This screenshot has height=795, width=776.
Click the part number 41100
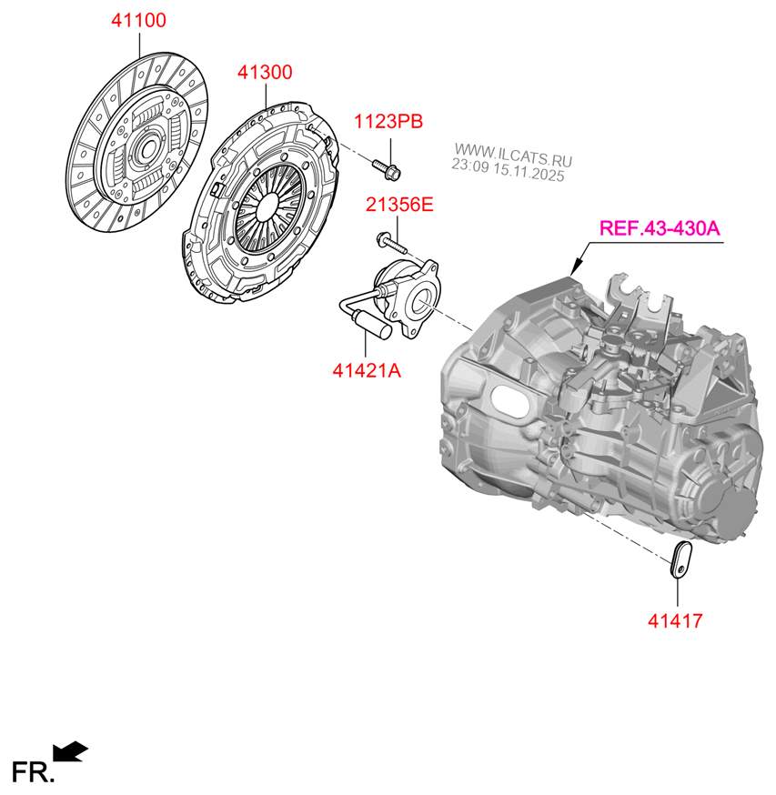tap(138, 20)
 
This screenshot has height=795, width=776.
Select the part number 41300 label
tap(266, 72)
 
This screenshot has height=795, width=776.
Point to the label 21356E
tap(399, 206)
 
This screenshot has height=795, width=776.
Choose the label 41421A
tap(367, 370)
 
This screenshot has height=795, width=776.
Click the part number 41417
tap(675, 621)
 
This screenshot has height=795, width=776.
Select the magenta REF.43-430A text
tap(659, 227)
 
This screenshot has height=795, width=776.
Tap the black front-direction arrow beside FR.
tap(71, 750)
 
